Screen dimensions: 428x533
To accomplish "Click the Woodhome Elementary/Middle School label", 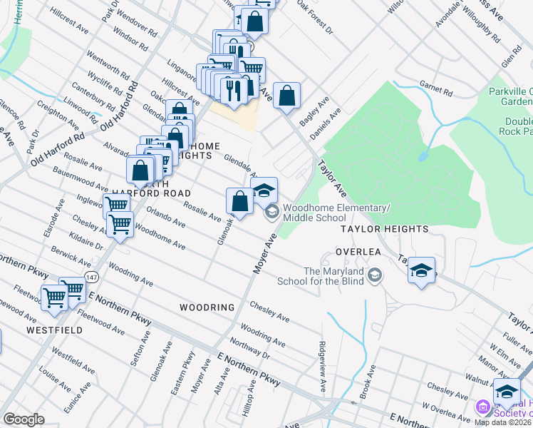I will point(336,212).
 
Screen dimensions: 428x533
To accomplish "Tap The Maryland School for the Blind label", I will point(333,276).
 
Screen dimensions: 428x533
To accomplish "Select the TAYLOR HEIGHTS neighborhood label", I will point(384,229).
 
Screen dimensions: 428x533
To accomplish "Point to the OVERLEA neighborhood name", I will point(355,253).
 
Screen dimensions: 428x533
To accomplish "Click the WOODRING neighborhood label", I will point(207,307).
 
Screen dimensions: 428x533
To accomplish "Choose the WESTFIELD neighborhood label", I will point(54,330).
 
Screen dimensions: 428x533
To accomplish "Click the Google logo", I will point(24,419).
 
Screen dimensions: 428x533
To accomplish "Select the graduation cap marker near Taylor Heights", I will point(422,270).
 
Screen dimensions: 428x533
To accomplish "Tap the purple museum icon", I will point(482,408).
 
